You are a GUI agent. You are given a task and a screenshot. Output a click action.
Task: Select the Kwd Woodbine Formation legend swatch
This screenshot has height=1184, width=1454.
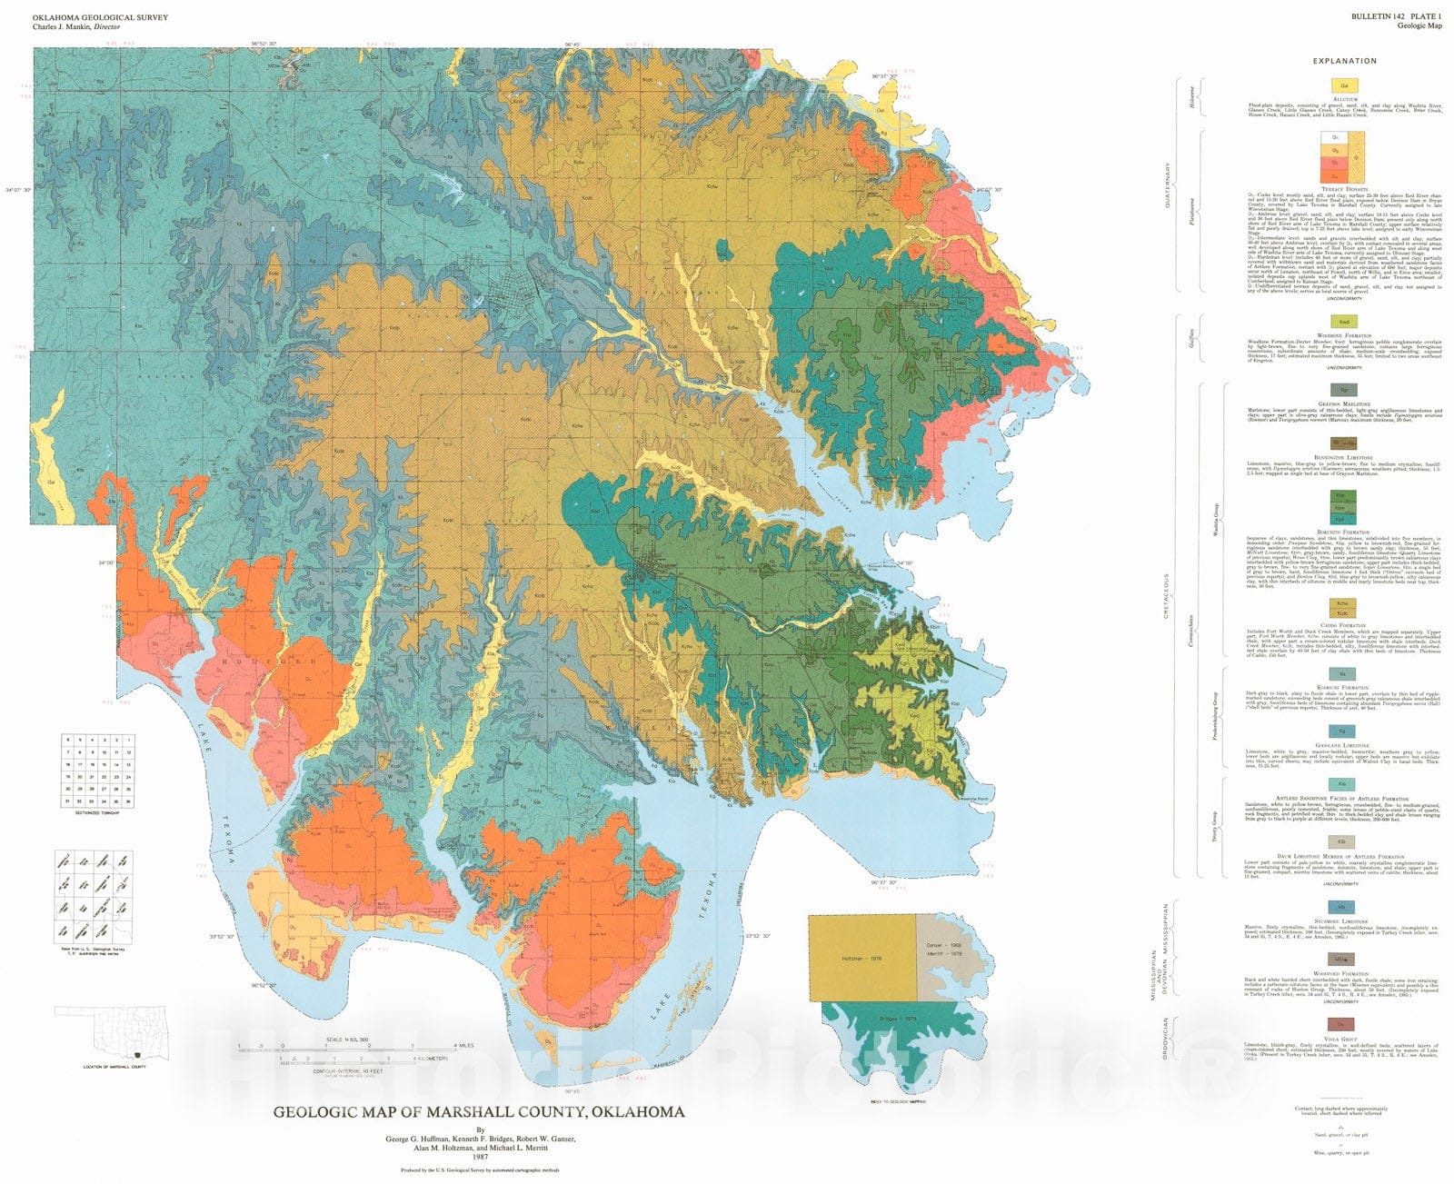[1343, 322]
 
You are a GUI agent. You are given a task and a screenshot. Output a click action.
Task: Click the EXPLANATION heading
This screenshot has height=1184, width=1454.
[1344, 61]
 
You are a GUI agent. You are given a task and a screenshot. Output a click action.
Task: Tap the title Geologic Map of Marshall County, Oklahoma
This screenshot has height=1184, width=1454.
[479, 1111]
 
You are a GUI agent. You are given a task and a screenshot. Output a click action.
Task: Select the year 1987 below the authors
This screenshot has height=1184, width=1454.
[479, 1156]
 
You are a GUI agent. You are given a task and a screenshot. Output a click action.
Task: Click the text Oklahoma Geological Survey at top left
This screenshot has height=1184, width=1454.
[100, 17]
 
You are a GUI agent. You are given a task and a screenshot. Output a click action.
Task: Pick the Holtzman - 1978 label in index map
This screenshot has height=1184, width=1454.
[861, 959]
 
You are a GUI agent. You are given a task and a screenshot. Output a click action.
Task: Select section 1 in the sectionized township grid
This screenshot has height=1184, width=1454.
[128, 741]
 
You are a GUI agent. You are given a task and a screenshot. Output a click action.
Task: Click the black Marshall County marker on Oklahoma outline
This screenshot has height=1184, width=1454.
[135, 1055]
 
